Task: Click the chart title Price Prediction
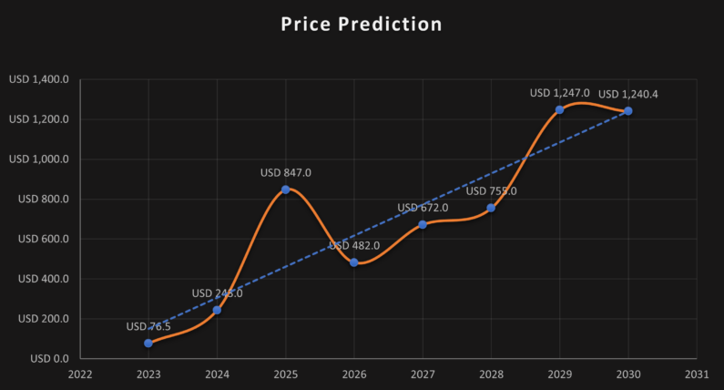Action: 362,25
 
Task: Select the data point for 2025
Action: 286,190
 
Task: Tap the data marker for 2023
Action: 148,343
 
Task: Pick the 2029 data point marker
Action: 559,109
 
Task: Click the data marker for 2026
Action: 354,262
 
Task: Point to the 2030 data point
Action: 627,111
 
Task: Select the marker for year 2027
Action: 423,224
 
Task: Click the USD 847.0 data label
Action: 286,172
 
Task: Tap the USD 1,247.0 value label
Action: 559,92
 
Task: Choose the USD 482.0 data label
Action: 354,245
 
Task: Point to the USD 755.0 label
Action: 491,190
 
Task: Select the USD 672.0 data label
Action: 423,208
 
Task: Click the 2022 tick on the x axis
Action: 80,373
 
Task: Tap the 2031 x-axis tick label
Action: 696,373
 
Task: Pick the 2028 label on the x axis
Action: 491,373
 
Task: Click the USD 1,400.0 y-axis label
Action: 39,80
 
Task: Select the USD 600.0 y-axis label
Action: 44,239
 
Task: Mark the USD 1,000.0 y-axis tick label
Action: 39,159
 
